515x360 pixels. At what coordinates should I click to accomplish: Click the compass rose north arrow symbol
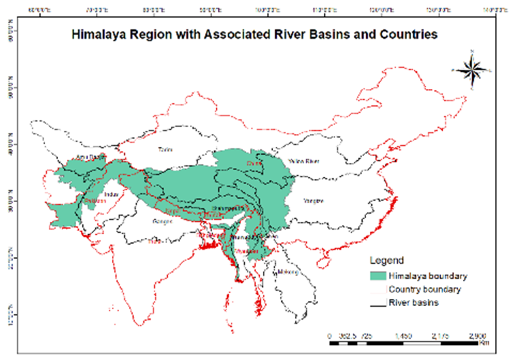coord(472,70)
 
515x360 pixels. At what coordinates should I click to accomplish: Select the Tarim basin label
coord(165,149)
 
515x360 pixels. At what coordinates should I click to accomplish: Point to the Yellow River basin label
coord(303,161)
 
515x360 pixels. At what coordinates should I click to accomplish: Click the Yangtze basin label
coord(313,201)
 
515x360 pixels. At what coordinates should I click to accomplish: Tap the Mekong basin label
coord(288,272)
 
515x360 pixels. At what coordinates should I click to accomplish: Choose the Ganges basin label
coord(162,221)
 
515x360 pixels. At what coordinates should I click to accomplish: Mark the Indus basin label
coord(111,194)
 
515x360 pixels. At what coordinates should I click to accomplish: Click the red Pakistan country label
coord(95,201)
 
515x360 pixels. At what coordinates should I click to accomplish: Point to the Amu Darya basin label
coord(90,157)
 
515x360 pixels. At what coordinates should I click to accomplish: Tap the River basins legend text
coord(414,303)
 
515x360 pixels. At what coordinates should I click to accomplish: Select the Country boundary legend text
coord(425,290)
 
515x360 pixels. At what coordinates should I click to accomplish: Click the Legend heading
coord(387,261)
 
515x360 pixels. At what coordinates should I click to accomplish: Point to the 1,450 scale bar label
coord(403,336)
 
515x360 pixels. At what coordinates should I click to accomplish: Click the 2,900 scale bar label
coord(477,336)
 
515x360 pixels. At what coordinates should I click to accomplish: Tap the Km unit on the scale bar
coord(484,343)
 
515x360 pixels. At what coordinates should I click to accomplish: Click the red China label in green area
coord(254,163)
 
